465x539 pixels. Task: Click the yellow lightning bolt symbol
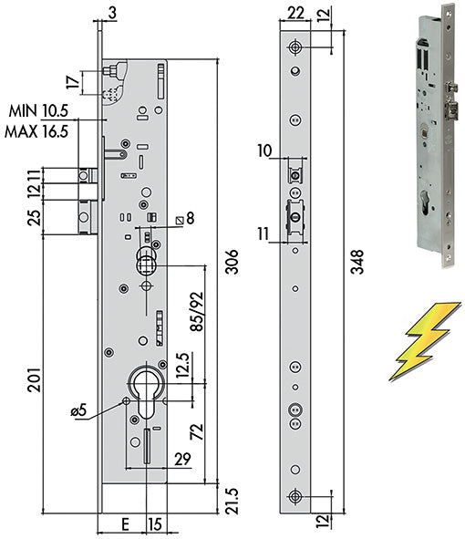click(x=425, y=341)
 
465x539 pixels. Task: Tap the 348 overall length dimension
click(x=357, y=262)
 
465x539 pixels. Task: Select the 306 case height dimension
click(x=232, y=262)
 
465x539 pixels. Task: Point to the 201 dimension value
click(x=35, y=379)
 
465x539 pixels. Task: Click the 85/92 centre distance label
click(x=197, y=311)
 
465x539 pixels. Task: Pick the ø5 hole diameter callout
click(x=78, y=410)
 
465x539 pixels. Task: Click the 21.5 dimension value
click(x=232, y=501)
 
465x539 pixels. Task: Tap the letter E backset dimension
click(x=126, y=524)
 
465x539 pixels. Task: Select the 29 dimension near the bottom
click(x=182, y=459)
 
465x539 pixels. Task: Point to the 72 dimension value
click(x=197, y=431)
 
